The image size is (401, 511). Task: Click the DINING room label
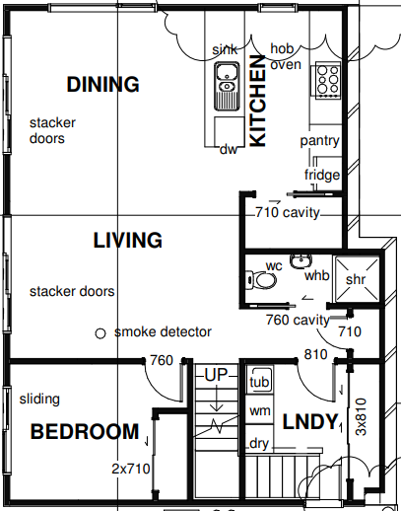point(103,84)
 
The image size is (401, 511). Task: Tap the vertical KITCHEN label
point(257,101)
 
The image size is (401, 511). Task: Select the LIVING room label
point(128,240)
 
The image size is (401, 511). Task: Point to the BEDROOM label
point(85,431)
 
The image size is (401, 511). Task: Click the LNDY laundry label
point(310,421)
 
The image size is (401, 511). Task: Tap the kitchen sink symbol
point(227,87)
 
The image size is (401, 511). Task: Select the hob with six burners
point(328,80)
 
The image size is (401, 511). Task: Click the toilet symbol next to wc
point(261,280)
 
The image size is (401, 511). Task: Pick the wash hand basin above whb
point(301,261)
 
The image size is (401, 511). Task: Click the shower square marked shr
point(357,279)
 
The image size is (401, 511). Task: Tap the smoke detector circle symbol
point(100,333)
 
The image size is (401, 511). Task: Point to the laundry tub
point(259,380)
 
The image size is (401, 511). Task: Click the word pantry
point(319,141)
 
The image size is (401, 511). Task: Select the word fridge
point(322,175)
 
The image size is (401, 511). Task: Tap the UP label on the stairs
point(216,375)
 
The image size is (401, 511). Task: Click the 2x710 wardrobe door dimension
point(131,469)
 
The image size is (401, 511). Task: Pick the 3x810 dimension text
point(361,417)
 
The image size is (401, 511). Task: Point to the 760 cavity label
point(298,320)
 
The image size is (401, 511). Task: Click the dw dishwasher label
point(228,150)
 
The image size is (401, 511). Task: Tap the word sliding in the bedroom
point(39,400)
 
